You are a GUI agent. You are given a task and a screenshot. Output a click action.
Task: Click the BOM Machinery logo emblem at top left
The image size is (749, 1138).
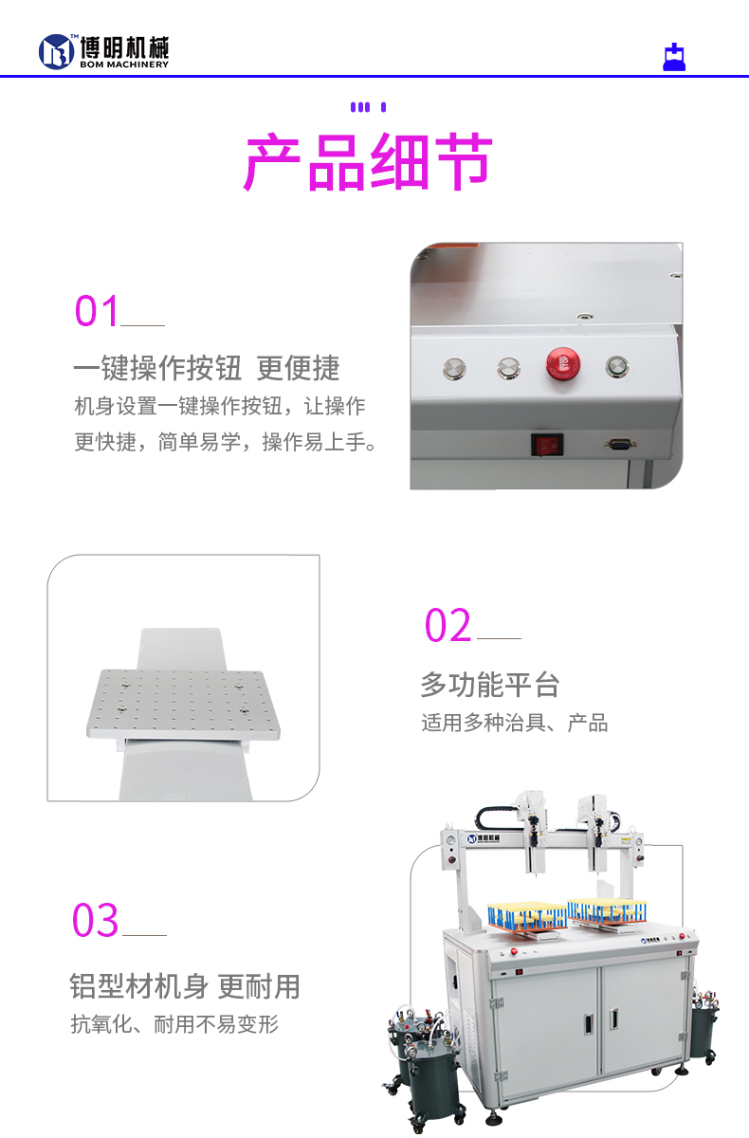point(56,51)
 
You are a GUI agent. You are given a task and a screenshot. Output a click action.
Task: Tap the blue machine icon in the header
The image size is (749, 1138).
point(674,58)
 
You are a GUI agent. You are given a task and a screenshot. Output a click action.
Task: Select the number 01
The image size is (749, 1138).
point(98,312)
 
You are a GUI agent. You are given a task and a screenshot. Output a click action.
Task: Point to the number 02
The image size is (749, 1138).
point(448,626)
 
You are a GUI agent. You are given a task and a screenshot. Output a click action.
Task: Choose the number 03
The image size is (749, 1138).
point(96,921)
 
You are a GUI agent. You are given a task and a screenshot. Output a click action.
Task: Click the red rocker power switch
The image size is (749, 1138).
point(546,443)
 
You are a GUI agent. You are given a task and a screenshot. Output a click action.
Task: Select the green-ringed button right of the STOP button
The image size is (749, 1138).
point(618,366)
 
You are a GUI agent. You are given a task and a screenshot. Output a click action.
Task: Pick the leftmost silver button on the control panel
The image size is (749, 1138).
point(455,367)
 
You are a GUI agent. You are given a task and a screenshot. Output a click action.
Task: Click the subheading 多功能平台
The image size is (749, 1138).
point(490,685)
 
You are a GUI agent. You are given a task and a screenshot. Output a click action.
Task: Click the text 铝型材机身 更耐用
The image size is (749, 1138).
point(185,986)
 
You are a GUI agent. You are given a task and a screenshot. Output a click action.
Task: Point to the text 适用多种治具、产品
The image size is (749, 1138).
point(515,724)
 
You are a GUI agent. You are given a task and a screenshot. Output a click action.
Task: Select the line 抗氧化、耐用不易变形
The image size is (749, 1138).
point(174,1025)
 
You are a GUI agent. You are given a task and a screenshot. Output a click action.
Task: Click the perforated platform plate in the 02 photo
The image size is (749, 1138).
point(184,705)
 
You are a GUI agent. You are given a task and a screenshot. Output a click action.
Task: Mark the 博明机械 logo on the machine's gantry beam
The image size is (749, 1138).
point(489,838)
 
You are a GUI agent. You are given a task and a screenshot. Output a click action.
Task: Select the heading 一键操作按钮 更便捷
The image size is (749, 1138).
point(207,368)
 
